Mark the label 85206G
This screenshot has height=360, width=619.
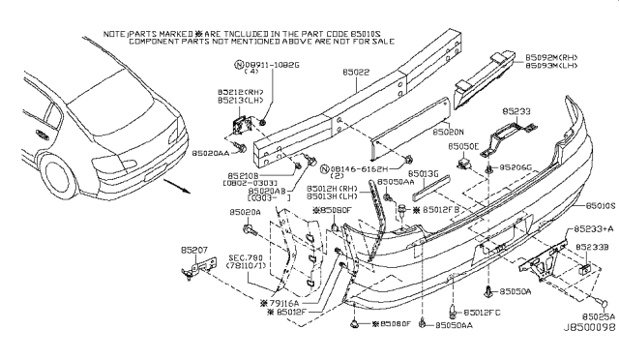516,166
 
